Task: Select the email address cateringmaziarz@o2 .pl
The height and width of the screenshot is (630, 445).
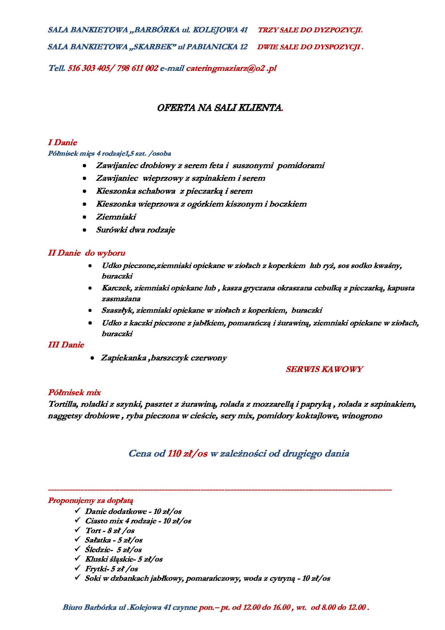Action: (x=231, y=68)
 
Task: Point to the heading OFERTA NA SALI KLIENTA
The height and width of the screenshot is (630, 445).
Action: (x=219, y=108)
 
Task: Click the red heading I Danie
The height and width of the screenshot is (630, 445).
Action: (x=62, y=142)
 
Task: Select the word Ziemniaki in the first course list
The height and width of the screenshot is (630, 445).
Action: (x=116, y=217)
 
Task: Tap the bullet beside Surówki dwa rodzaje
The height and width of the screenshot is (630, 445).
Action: (x=85, y=230)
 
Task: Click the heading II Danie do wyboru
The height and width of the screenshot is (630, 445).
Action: (x=87, y=253)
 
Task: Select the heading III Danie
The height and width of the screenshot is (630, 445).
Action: (x=66, y=345)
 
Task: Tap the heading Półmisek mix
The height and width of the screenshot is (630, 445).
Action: (x=74, y=393)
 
